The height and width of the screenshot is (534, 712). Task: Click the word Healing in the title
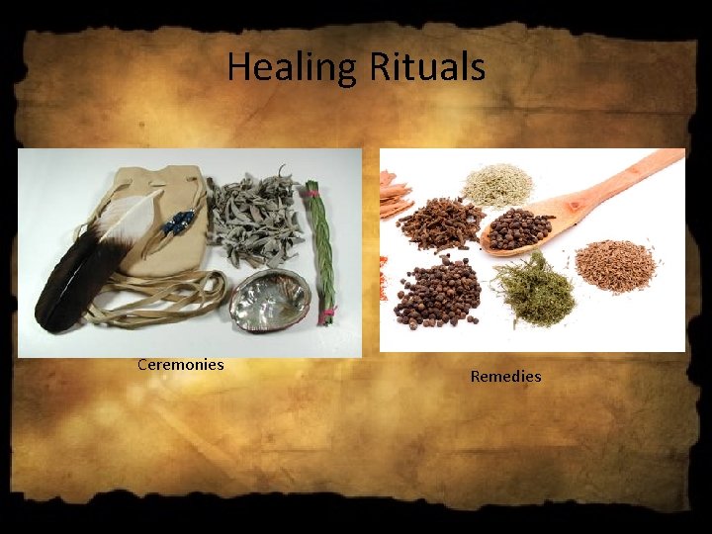pyautogui.click(x=293, y=68)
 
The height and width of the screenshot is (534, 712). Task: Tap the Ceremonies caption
pyautogui.click(x=181, y=364)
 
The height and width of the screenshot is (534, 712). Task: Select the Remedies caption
pyautogui.click(x=505, y=376)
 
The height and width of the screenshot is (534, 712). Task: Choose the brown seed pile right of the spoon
pyautogui.click(x=616, y=265)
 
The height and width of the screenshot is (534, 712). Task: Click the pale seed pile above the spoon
pyautogui.click(x=498, y=184)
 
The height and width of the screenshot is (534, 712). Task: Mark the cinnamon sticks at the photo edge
pyautogui.click(x=394, y=194)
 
